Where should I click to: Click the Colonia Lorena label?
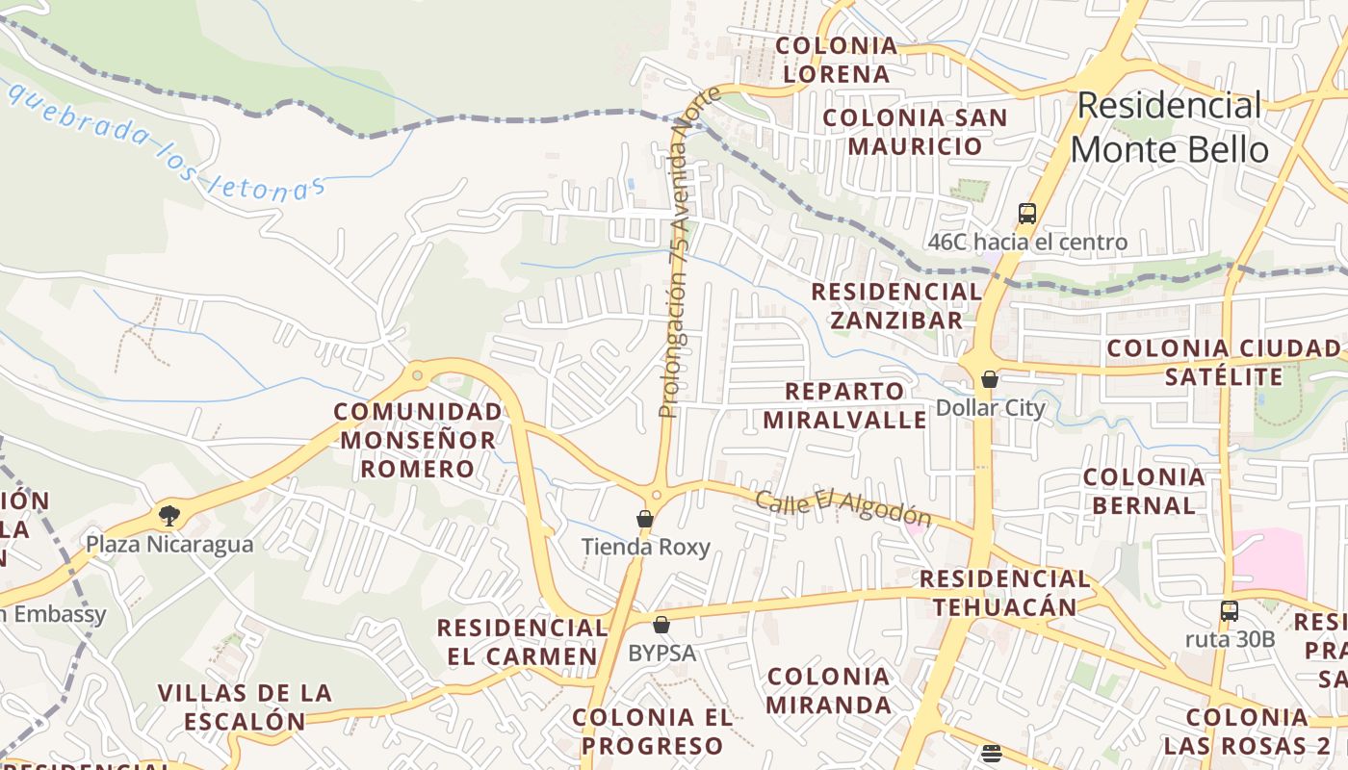836,60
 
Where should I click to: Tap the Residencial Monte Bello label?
1169,128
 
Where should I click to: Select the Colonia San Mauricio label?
915,132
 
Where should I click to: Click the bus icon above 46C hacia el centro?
1027,214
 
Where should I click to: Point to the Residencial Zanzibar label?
896,305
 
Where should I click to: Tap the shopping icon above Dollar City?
989,379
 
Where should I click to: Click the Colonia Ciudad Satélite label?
1223,362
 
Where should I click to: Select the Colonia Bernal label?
1144,491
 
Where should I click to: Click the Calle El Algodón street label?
843,507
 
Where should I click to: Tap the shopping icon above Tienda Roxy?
645,520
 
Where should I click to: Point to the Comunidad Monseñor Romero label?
418,440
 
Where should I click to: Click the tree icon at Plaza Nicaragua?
169,515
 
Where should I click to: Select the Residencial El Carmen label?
522,642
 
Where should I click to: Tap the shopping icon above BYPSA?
661,625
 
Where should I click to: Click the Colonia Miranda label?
828,690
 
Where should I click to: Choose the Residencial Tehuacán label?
1004,593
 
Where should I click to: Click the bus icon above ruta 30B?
1229,610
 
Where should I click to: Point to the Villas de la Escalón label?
245,706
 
